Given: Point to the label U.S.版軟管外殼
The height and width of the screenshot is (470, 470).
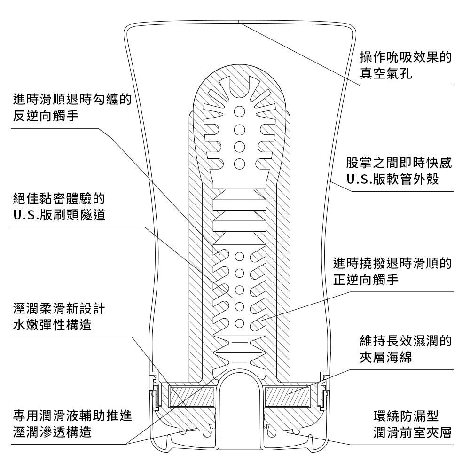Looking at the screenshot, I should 393,180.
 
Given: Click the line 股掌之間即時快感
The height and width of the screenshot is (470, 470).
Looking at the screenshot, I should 399,163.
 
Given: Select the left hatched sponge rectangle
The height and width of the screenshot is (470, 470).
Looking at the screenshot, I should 193,397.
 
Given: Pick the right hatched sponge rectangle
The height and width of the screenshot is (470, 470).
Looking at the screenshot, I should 287,397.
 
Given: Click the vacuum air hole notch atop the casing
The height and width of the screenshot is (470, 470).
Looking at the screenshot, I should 239,22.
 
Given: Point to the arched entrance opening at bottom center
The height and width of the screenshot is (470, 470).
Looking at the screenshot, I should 240,395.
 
